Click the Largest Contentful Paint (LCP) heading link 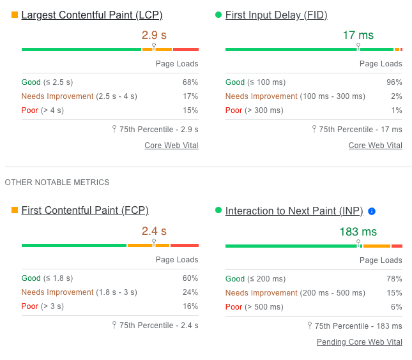pos(92,15)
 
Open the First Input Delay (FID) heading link pos(276,15)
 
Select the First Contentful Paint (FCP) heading pos(85,211)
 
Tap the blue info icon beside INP pos(372,211)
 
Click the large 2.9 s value pos(154,35)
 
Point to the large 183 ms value pos(358,232)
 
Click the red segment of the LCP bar pos(186,49)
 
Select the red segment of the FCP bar pos(185,246)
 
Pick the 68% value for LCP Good pos(190,82)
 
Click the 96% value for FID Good pos(394,82)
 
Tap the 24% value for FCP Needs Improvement pos(190,292)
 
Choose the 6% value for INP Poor pos(397,307)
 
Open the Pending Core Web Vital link pos(360,342)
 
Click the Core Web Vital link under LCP pos(171,145)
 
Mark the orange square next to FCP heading pos(15,210)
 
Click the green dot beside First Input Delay pos(218,15)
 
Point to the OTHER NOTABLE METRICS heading pos(57,182)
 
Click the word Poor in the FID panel pos(234,110)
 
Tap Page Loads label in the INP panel pos(381,260)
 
